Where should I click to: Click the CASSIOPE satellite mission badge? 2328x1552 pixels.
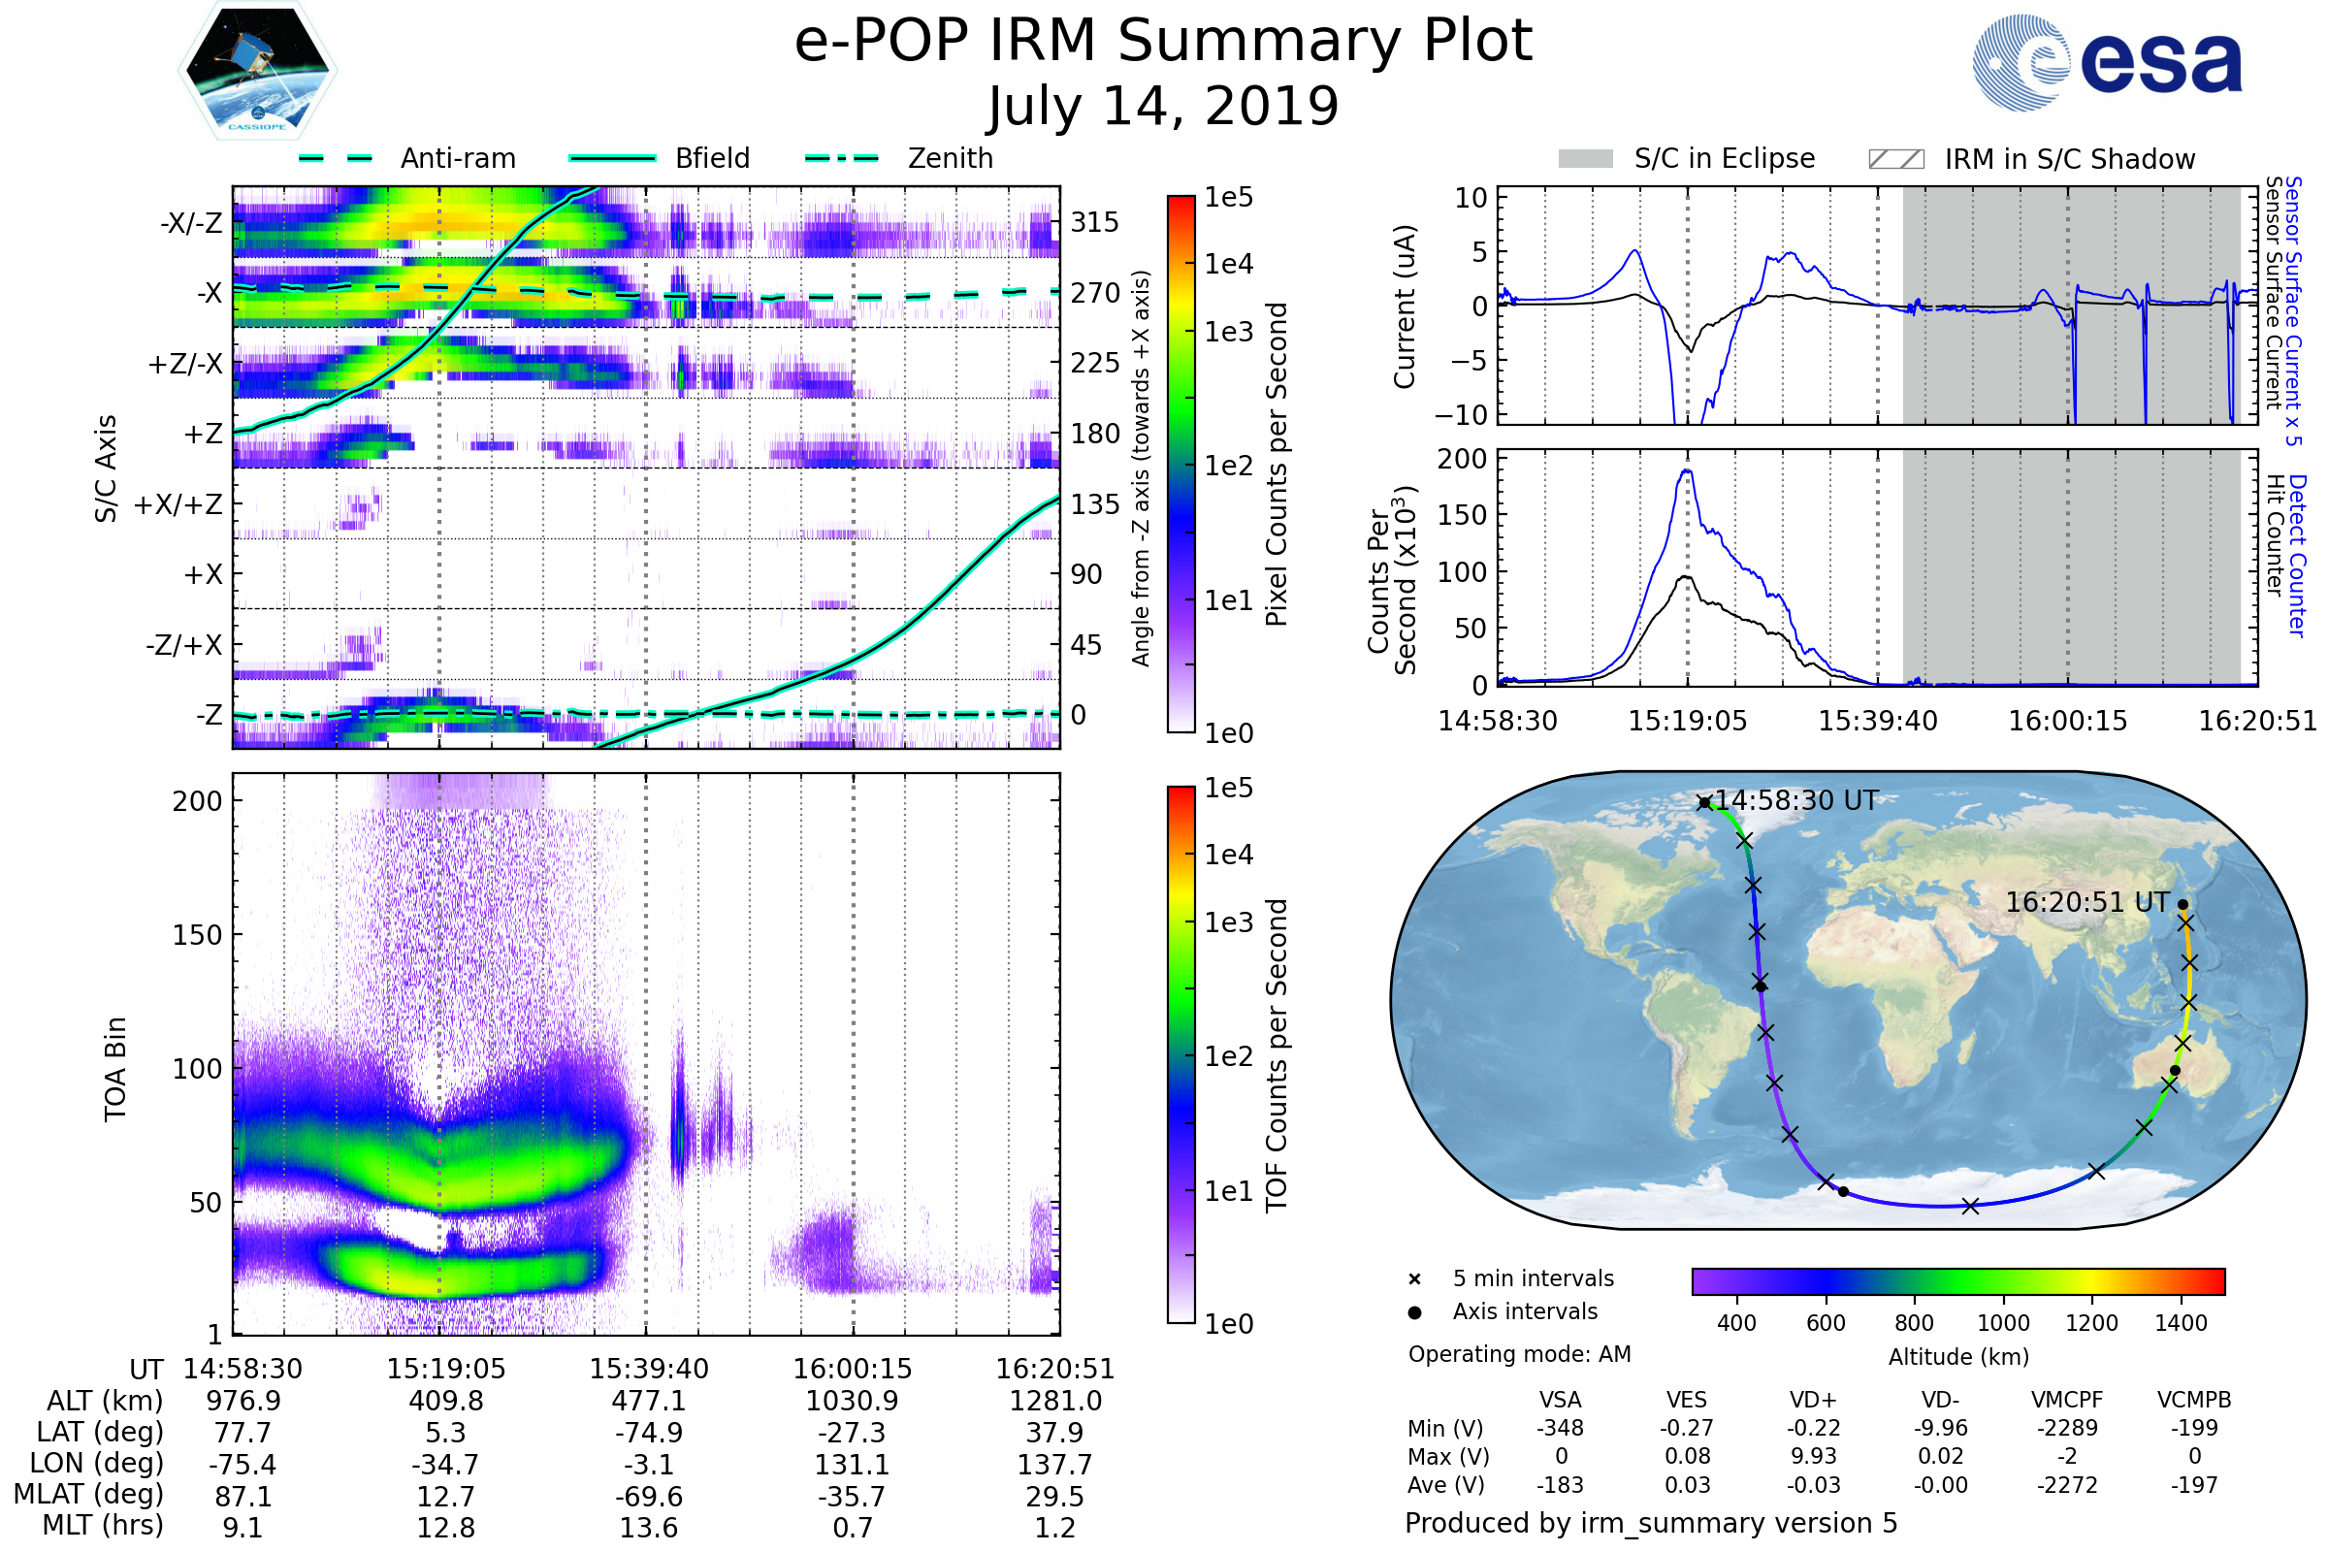(x=257, y=69)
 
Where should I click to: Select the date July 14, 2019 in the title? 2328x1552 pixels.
(x=1163, y=106)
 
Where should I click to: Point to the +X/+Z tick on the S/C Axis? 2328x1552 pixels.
(x=178, y=504)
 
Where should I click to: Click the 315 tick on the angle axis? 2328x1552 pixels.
(x=1095, y=222)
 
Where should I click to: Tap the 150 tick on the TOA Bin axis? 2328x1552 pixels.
(x=197, y=934)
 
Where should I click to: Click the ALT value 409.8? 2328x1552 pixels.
(x=445, y=1401)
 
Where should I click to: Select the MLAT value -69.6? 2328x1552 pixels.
(x=648, y=1496)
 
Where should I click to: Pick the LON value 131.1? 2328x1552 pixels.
(x=852, y=1464)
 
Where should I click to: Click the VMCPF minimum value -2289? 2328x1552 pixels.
(x=2067, y=1428)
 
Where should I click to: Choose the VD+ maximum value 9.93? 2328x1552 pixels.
(x=1813, y=1456)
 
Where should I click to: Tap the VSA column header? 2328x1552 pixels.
(x=1560, y=1400)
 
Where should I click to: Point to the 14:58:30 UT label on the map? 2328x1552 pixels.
(x=1795, y=799)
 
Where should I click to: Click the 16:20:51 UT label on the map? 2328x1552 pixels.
(x=2086, y=902)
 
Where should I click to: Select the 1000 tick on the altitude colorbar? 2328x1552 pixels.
(x=2003, y=1323)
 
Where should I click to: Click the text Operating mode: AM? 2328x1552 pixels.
(x=1519, y=1354)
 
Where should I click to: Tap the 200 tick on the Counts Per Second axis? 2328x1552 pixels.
(x=1462, y=458)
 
